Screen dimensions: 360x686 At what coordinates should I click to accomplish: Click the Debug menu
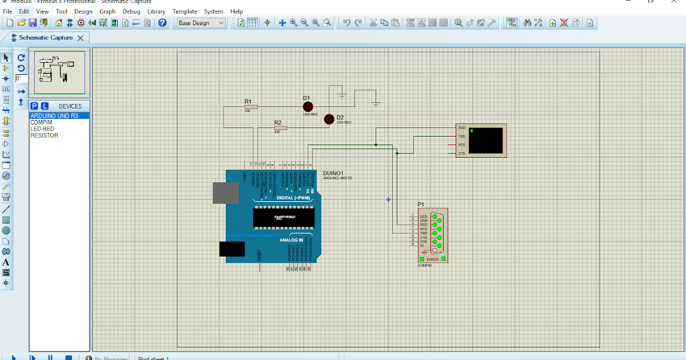pos(131,11)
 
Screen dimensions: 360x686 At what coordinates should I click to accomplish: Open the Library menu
pos(156,11)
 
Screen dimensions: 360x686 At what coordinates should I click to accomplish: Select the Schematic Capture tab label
pos(46,38)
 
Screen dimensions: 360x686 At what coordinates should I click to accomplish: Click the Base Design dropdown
pos(201,23)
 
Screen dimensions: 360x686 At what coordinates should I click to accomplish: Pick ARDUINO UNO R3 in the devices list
pos(54,115)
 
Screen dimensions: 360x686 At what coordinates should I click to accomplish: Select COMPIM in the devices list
pos(41,122)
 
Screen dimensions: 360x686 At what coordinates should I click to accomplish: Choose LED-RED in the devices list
pos(42,129)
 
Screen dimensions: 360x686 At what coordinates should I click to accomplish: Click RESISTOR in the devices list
pos(44,135)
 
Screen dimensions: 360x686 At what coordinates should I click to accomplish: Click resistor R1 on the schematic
pos(251,106)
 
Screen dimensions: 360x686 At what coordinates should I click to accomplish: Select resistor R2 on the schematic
pos(280,128)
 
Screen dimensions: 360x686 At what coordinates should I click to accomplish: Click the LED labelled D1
pos(308,106)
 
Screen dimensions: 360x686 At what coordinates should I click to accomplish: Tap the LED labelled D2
pos(329,119)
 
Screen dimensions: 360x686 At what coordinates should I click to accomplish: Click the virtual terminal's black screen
pos(485,140)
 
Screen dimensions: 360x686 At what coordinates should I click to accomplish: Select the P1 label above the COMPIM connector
pos(421,205)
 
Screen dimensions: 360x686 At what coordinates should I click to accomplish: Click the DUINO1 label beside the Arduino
pos(333,173)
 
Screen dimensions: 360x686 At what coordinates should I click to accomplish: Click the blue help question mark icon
pos(162,23)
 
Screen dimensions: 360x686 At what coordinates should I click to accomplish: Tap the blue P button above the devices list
pos(34,106)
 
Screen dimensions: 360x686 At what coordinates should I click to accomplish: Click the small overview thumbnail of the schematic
pos(59,72)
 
